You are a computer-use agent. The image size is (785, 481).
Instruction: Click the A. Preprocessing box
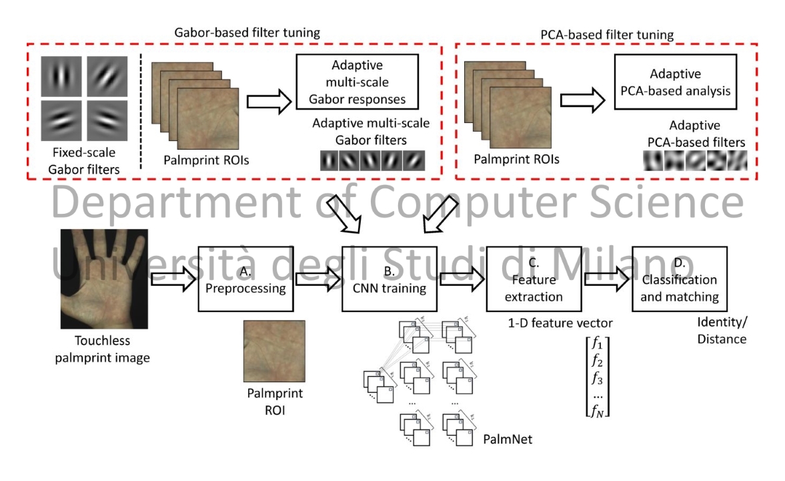246,281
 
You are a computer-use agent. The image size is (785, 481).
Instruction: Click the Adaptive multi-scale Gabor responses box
360,83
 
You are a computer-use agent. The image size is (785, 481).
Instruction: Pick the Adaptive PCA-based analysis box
675,84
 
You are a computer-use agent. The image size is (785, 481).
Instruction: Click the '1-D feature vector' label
559,325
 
